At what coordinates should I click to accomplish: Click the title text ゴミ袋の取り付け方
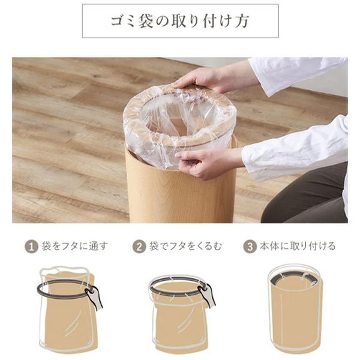click(180, 21)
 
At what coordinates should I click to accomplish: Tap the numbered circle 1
click(30, 247)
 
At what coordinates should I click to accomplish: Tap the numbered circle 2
click(139, 247)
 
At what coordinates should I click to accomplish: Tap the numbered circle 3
click(250, 247)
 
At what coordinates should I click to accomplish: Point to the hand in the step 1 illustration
click(93, 298)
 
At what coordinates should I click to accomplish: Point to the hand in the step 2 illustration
click(206, 295)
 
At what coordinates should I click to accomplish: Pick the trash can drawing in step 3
click(294, 312)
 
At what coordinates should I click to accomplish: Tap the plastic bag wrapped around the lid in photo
click(141, 132)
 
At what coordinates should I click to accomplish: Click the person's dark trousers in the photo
click(312, 198)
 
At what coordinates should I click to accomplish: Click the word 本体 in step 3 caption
click(268, 247)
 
